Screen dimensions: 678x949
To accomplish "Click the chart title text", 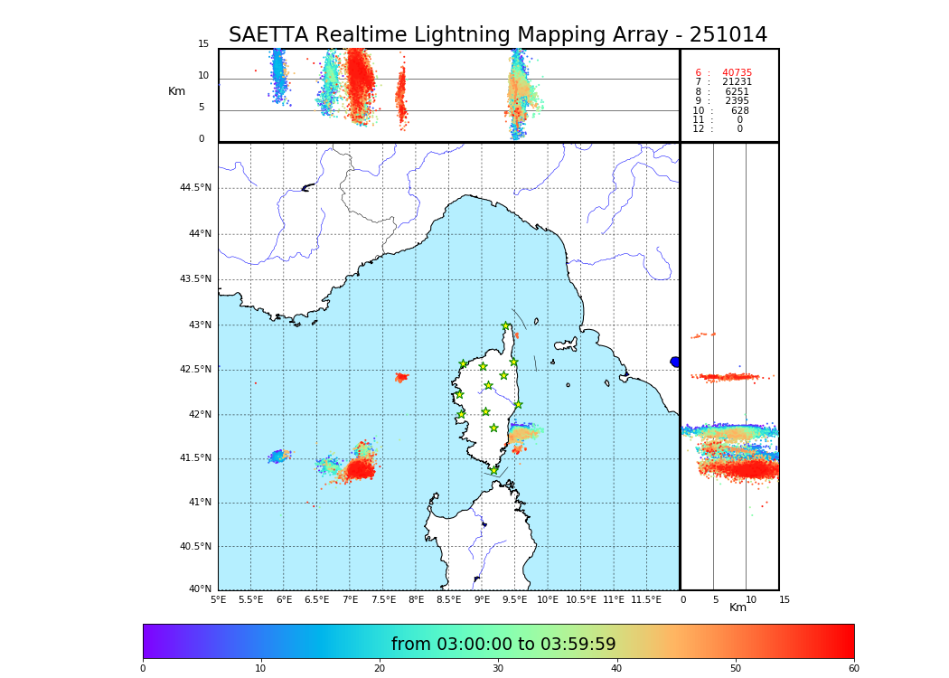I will click(497, 35).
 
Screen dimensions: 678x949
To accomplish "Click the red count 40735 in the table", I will click(737, 73).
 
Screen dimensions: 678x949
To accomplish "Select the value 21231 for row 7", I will click(737, 82).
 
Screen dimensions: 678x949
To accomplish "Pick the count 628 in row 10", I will click(739, 111).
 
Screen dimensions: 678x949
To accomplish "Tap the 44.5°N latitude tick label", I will click(195, 188).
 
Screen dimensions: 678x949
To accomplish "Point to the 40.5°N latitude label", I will click(195, 547).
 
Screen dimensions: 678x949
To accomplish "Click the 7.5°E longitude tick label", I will click(383, 599).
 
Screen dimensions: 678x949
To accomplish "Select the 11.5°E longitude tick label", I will click(646, 599).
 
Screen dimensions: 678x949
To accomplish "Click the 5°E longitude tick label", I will click(219, 599).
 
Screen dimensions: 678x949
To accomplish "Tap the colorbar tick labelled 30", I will click(498, 669).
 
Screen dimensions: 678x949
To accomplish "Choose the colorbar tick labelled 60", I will click(853, 669).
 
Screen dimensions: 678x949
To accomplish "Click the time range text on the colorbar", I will click(503, 645).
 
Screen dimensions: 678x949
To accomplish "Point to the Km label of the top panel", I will click(176, 91).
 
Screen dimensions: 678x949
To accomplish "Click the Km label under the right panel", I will click(738, 607).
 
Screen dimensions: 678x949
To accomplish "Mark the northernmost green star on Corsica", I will click(506, 326).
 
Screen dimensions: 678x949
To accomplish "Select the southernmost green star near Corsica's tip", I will click(493, 470).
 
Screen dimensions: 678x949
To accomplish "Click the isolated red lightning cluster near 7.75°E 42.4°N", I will click(401, 377).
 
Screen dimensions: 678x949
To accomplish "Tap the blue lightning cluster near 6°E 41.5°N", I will click(278, 456).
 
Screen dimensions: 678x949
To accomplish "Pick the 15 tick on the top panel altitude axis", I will click(203, 44).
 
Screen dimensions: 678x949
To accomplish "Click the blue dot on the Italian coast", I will click(675, 362).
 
